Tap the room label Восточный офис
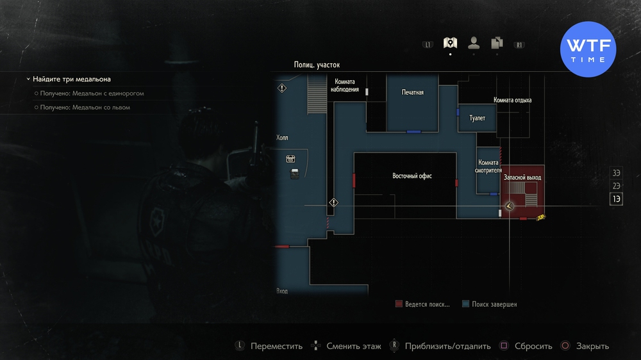[412, 176]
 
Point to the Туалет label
[477, 119]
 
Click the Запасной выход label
[522, 177]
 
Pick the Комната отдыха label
[512, 101]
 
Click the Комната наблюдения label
[345, 86]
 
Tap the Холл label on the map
[283, 138]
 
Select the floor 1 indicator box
[616, 199]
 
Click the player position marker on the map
[509, 206]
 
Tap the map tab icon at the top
[450, 44]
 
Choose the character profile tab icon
[474, 44]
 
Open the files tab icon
[497, 44]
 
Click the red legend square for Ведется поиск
[399, 304]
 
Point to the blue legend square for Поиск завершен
[465, 304]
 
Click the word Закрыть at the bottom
[592, 346]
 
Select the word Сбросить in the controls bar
[532, 346]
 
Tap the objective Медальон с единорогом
[92, 94]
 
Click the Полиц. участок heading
[317, 65]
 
